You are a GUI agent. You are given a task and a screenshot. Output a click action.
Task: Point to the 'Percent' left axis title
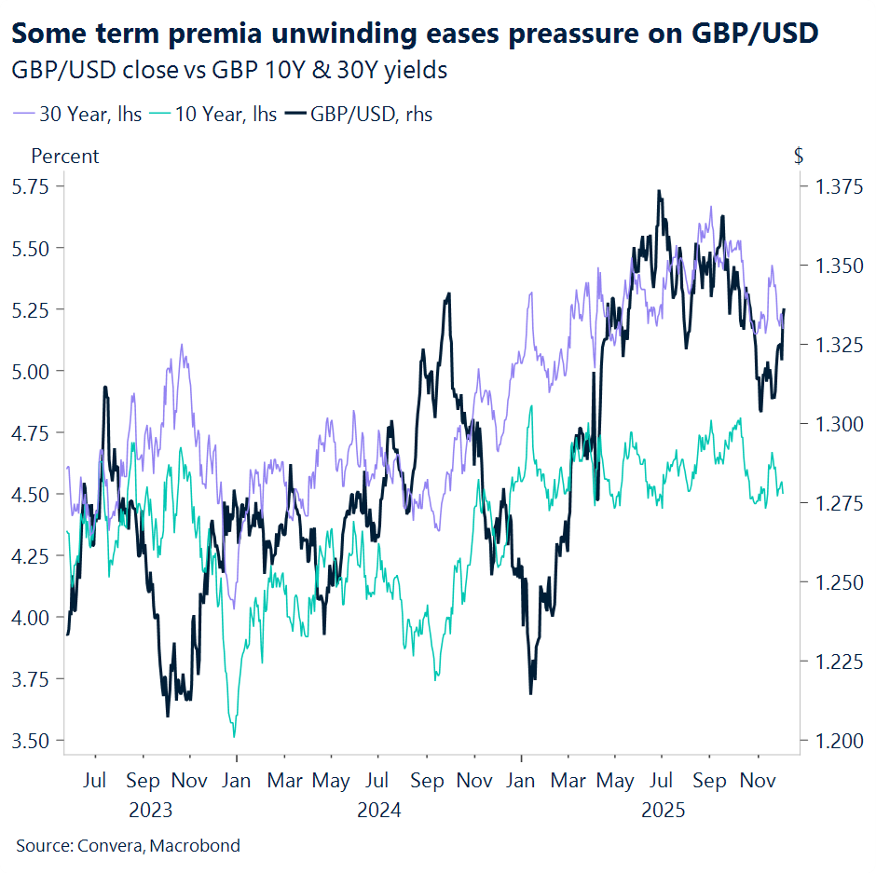tap(65, 156)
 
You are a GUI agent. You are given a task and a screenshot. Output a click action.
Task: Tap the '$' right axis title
tap(799, 156)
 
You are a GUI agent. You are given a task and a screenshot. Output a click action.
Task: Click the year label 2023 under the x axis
tap(151, 810)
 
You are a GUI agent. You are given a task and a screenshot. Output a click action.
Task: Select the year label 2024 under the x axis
tap(379, 810)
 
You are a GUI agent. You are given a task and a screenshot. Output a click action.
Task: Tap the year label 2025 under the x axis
tap(663, 810)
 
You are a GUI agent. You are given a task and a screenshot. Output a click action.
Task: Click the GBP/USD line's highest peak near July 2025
tap(659, 192)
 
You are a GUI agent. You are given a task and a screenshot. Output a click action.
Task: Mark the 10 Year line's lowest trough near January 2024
tap(234, 735)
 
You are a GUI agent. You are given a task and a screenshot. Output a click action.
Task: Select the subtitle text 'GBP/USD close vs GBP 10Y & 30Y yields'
tap(228, 70)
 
